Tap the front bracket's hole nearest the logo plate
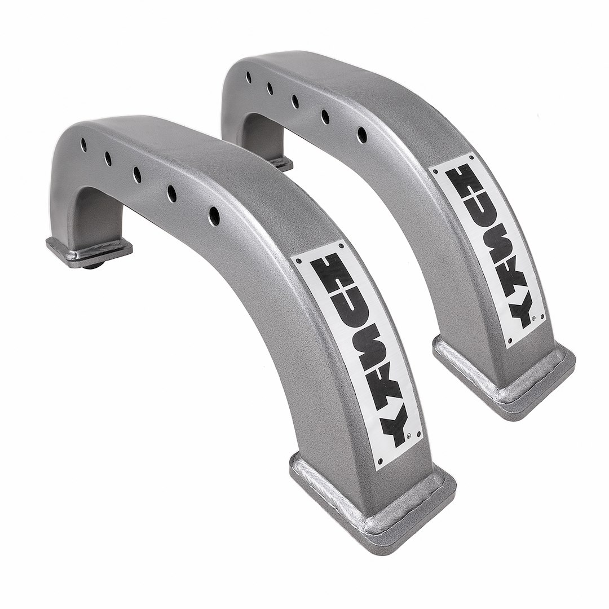214,216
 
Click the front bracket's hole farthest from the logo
83,144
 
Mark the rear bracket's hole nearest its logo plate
362,135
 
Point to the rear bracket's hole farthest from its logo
248,77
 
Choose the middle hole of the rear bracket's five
295,101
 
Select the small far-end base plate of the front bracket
89,250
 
